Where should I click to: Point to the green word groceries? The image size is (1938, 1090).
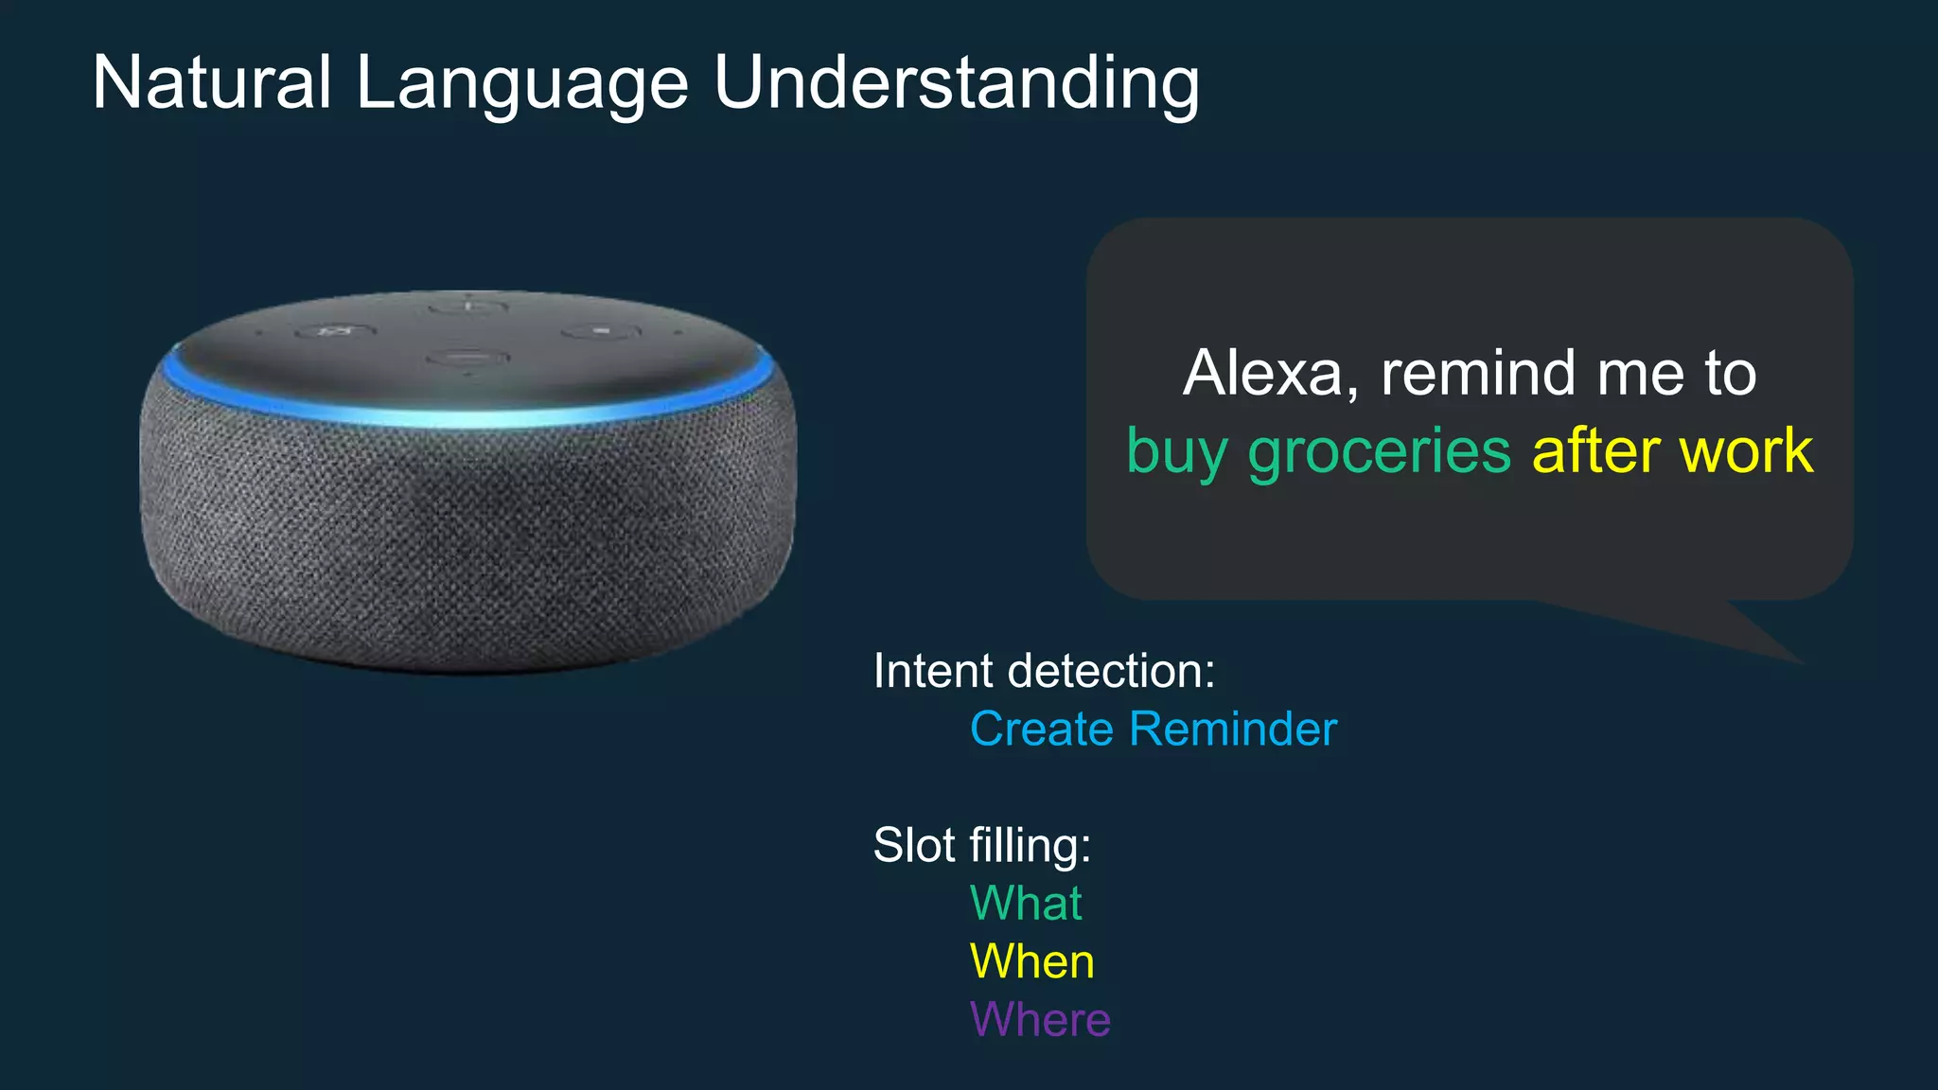(x=1379, y=450)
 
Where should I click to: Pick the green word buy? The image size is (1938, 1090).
(x=1176, y=452)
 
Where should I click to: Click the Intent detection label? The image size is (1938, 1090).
(x=1044, y=671)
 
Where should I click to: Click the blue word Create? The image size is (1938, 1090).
(x=1041, y=729)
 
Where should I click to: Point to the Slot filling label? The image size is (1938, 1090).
(x=981, y=845)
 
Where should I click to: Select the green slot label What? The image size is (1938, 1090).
(x=1026, y=903)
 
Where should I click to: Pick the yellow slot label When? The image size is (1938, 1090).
(x=1032, y=961)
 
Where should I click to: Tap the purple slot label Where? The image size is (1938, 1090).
(x=1040, y=1020)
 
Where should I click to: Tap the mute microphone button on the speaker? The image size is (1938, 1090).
(x=335, y=331)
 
